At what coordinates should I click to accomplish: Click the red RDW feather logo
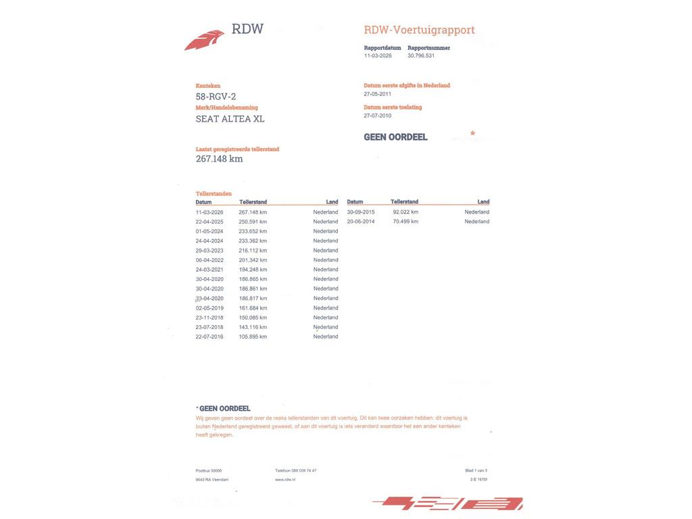[x=204, y=40]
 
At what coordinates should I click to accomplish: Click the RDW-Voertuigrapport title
[x=419, y=30]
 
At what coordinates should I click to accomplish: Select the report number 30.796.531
[x=421, y=56]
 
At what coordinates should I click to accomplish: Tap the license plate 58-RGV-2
[x=216, y=97]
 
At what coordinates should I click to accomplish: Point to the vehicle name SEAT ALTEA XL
[x=230, y=119]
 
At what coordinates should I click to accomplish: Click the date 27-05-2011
[x=377, y=94]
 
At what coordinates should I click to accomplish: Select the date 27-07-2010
[x=377, y=116]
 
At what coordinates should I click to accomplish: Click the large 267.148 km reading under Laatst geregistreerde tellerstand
[x=219, y=159]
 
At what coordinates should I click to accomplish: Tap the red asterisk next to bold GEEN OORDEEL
[x=472, y=134]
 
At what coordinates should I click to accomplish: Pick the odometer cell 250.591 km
[x=253, y=222]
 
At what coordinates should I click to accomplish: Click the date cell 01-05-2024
[x=209, y=231]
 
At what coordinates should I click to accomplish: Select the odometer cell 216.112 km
[x=253, y=251]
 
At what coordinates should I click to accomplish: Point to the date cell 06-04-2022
[x=209, y=260]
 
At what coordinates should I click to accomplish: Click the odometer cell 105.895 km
[x=253, y=337]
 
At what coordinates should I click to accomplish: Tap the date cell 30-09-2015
[x=361, y=212]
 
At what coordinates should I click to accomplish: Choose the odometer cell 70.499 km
[x=405, y=222]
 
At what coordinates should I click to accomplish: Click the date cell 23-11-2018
[x=209, y=318]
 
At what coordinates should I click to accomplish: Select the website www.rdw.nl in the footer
[x=285, y=479]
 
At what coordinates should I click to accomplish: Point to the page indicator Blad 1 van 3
[x=476, y=470]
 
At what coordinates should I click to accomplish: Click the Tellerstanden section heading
[x=214, y=193]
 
